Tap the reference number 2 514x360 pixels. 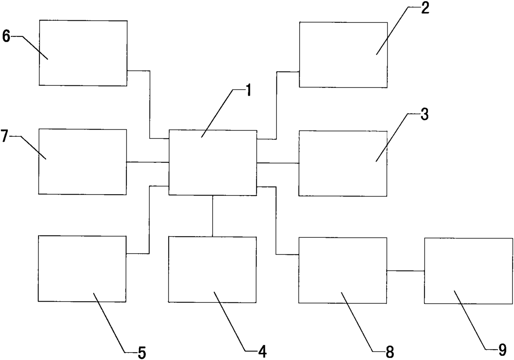pos(424,9)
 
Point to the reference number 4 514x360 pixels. pos(262,352)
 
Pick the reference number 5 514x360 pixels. pos(141,353)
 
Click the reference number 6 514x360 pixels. pos(6,36)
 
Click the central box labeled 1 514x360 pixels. pos(213,162)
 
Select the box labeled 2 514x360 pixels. pos(343,55)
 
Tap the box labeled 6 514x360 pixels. pos(83,53)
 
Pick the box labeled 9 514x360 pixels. pos(468,271)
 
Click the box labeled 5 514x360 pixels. pos(82,269)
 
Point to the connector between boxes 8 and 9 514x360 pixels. pos(405,271)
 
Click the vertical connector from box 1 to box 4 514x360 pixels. pos(213,215)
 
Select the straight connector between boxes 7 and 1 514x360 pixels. pos(147,162)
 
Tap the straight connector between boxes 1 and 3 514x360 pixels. pos(278,163)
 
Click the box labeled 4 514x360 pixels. pos(212,270)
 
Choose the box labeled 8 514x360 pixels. pos(342,271)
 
